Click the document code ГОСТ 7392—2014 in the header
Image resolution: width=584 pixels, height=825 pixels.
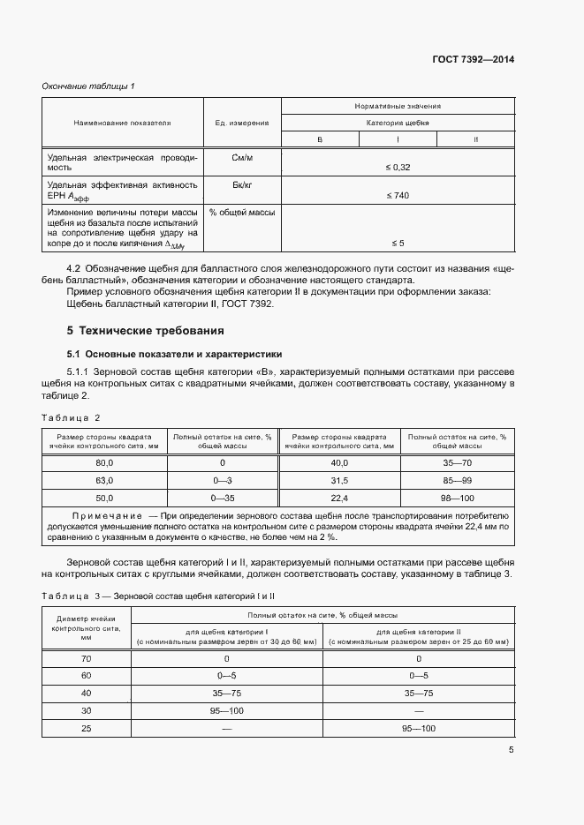(x=472, y=60)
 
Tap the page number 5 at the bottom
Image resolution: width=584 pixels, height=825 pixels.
(x=511, y=750)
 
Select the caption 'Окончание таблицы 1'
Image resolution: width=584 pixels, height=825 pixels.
(x=88, y=86)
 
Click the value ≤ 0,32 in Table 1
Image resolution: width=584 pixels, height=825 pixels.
(x=398, y=167)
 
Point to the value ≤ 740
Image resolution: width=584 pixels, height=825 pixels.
(x=398, y=195)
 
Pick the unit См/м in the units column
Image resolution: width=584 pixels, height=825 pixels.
(x=242, y=157)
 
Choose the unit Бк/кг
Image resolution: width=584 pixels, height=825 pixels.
(x=242, y=184)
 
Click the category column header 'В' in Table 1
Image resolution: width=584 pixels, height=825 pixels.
(x=320, y=140)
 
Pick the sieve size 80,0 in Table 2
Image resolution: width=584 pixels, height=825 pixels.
(x=105, y=462)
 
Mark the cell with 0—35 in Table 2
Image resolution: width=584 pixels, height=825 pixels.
(x=223, y=499)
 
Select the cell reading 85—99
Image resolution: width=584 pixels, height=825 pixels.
(x=457, y=481)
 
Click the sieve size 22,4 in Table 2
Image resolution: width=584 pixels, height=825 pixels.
(x=340, y=499)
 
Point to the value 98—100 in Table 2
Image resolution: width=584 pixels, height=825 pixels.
(x=457, y=499)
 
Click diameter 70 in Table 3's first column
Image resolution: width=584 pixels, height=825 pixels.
(x=86, y=658)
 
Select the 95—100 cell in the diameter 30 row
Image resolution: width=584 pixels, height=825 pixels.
(x=227, y=709)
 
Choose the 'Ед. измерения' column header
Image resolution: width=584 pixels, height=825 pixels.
(x=242, y=123)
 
